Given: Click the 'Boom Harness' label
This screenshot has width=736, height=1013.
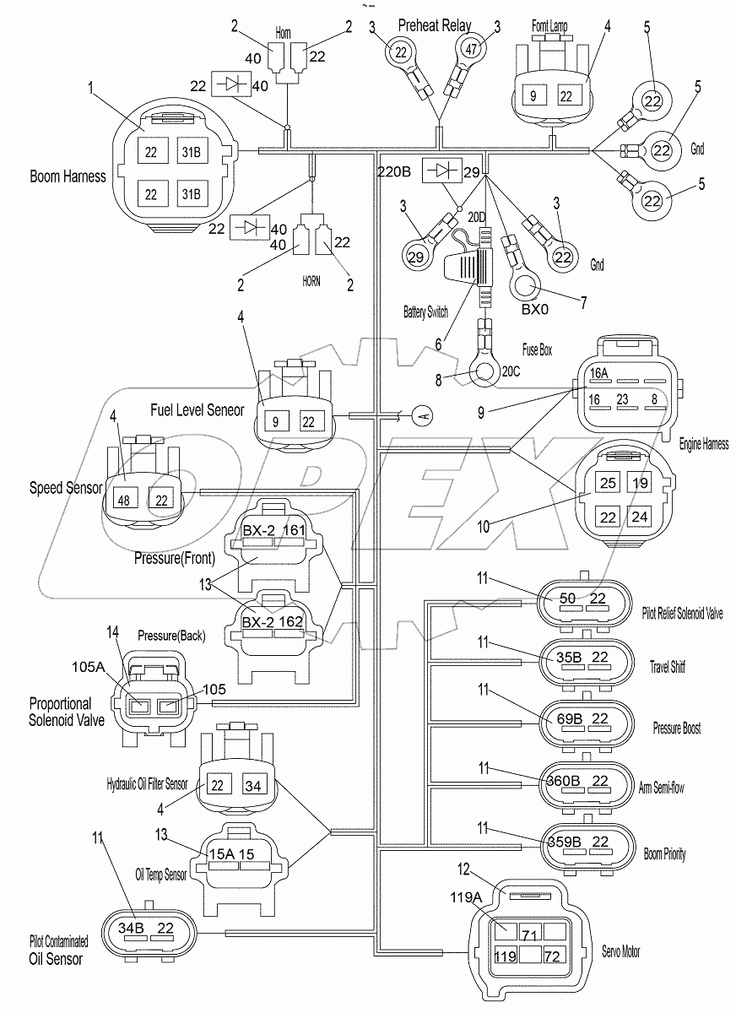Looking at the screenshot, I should (68, 177).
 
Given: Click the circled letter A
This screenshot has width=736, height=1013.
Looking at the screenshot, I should (423, 415).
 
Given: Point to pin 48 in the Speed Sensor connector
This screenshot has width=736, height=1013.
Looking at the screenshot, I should (124, 500).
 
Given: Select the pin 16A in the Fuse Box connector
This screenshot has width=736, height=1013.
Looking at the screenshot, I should (599, 372).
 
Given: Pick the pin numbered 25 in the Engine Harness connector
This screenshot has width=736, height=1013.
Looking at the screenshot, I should (607, 482).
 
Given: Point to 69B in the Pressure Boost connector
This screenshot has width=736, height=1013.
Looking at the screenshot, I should (569, 718).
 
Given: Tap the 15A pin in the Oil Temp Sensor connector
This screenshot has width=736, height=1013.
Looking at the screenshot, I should (224, 854).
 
